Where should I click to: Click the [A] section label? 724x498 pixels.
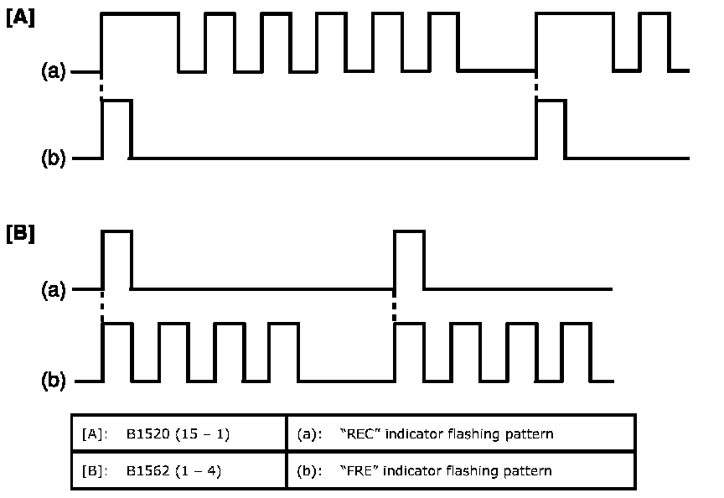tap(20, 19)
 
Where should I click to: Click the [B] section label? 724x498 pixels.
tap(20, 233)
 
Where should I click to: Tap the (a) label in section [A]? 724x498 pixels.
tap(54, 72)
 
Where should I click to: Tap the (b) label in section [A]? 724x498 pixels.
tap(54, 158)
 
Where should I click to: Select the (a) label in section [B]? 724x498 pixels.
tap(54, 290)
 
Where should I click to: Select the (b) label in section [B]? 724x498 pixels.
tap(54, 381)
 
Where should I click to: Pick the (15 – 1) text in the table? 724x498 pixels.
tap(201, 434)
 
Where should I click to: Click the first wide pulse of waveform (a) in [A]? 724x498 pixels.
tap(140, 42)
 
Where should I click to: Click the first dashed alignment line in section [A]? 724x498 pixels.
tap(101, 86)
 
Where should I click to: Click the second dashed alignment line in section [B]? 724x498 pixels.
tap(394, 306)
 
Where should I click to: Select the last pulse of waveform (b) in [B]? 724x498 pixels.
tap(576, 352)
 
